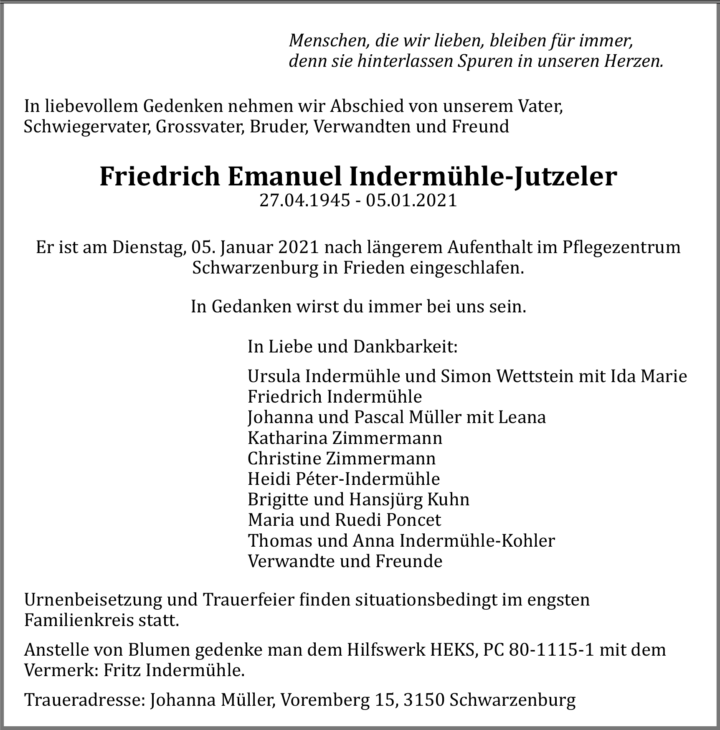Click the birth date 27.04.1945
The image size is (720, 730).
304,201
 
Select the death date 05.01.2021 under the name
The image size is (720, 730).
411,201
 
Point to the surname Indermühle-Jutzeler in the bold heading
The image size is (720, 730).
482,177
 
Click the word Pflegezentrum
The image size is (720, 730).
621,247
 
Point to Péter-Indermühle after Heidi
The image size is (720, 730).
368,479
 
